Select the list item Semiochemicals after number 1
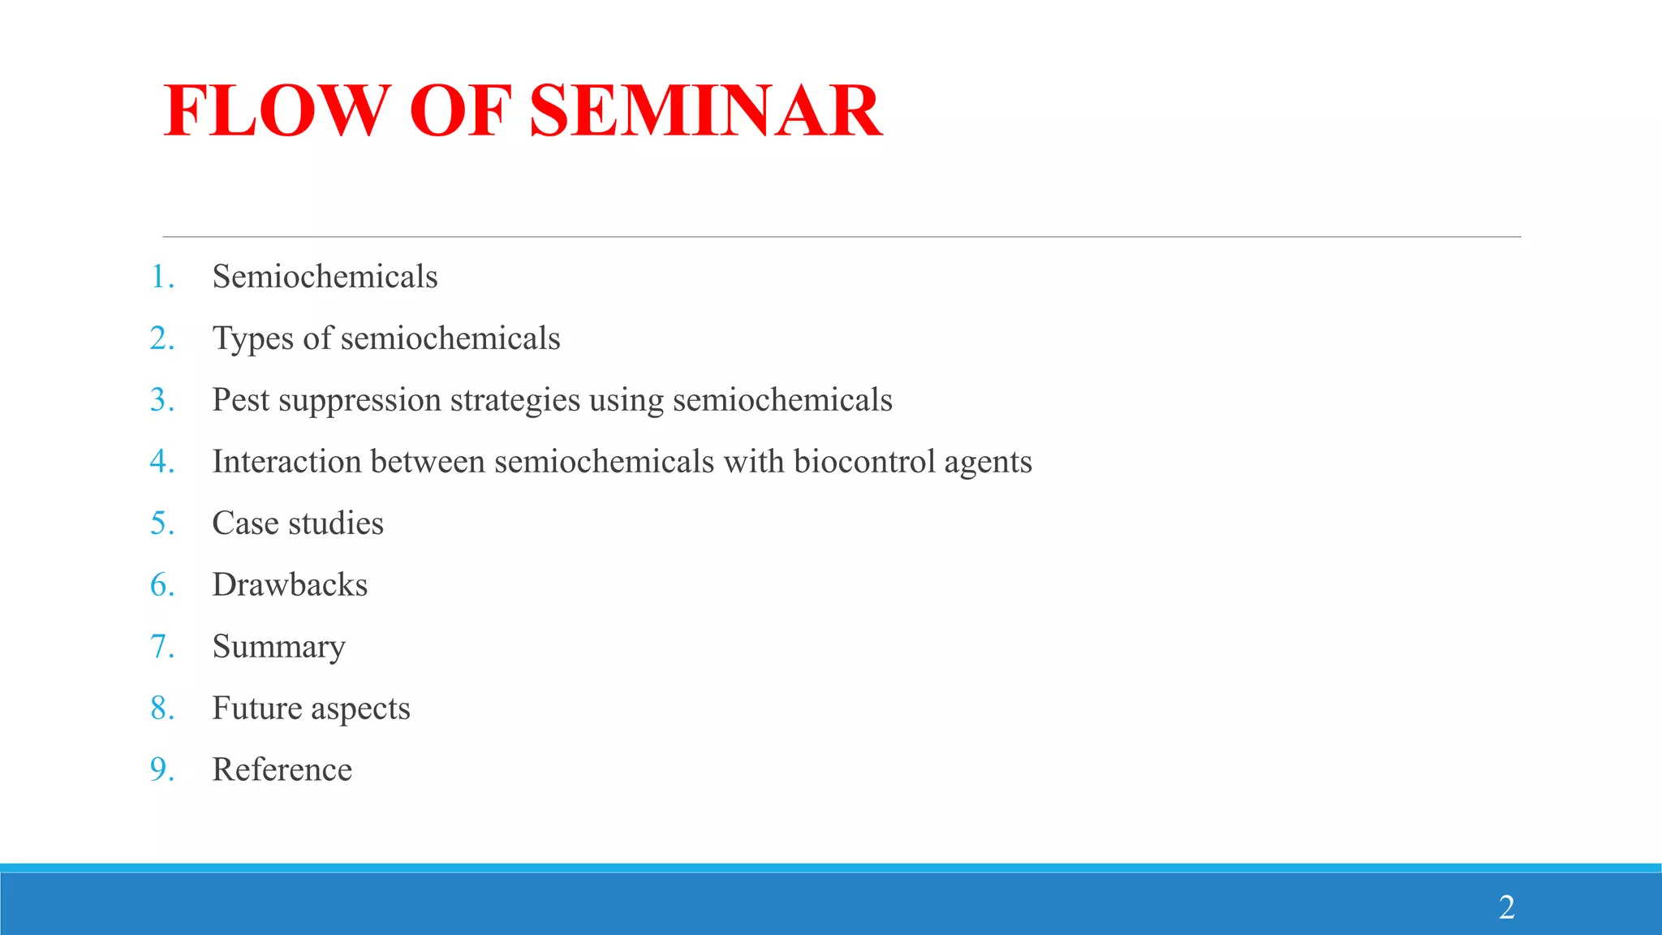pyautogui.click(x=325, y=277)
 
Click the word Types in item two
pyautogui.click(x=252, y=339)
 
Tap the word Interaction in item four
pyautogui.click(x=286, y=462)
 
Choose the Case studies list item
pyautogui.click(x=298, y=524)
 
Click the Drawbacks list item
pyautogui.click(x=290, y=585)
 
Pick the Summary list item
pyautogui.click(x=278, y=648)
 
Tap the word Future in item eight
pyautogui.click(x=257, y=709)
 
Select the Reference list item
pyautogui.click(x=282, y=770)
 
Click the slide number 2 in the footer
pyautogui.click(x=1506, y=907)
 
